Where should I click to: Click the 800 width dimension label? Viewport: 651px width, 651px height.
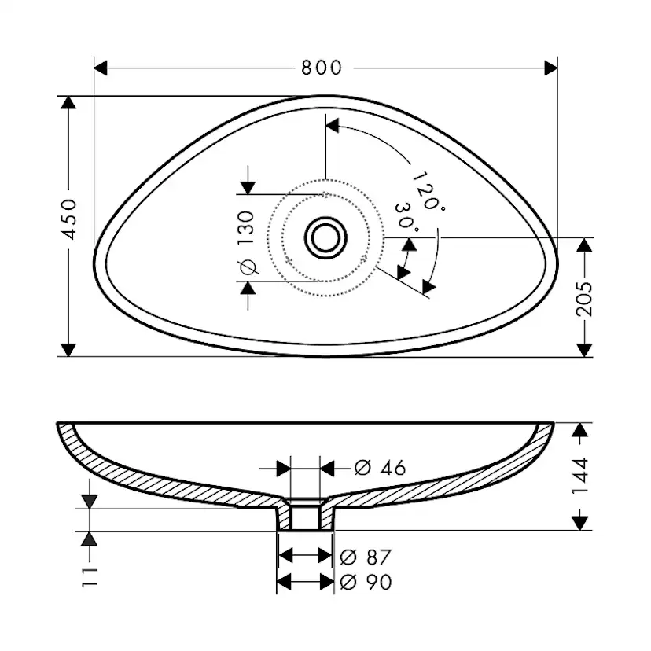[x=322, y=68]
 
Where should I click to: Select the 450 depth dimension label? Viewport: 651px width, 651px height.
[x=68, y=219]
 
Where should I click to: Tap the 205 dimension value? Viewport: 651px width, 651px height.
[x=583, y=299]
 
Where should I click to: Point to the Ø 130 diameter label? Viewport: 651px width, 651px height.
[x=246, y=243]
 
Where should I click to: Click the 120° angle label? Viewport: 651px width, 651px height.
[x=428, y=191]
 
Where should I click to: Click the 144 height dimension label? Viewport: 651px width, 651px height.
[x=580, y=476]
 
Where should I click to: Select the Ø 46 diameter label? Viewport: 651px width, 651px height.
[x=380, y=468]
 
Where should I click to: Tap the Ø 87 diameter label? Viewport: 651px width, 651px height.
[x=366, y=557]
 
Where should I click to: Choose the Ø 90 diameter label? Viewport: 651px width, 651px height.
[x=366, y=582]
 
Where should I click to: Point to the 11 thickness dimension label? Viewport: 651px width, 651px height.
[x=90, y=576]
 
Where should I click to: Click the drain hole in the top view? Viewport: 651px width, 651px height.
[x=325, y=238]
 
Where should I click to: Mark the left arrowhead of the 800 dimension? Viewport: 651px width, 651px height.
[x=101, y=68]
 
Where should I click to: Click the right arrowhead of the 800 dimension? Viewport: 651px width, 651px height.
[x=550, y=68]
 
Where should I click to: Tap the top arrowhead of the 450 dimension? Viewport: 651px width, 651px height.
[x=68, y=102]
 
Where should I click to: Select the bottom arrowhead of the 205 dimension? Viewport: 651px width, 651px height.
[x=584, y=350]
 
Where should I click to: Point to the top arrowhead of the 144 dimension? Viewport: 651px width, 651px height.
[x=580, y=430]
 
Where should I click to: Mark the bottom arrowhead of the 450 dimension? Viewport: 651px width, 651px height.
[x=68, y=350]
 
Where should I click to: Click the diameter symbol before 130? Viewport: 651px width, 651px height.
[x=248, y=267]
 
